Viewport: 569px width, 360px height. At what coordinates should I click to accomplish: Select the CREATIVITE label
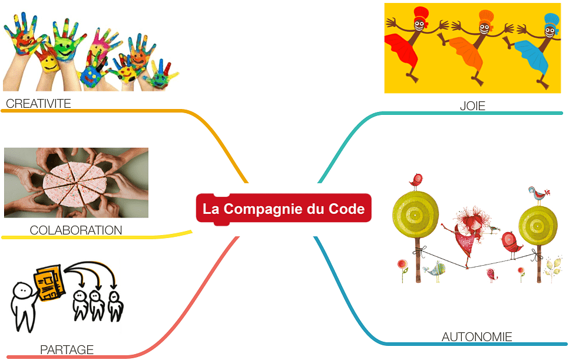[x=38, y=104]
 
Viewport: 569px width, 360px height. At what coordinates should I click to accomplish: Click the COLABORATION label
[x=76, y=230]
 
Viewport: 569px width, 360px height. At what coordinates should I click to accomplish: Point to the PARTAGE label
[x=67, y=350]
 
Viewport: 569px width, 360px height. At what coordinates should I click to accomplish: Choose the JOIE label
[x=472, y=107]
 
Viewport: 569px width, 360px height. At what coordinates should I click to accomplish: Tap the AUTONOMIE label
[x=477, y=338]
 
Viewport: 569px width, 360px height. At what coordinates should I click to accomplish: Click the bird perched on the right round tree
[x=537, y=193]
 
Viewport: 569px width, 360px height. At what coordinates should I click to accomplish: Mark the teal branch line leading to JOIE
[x=353, y=130]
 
